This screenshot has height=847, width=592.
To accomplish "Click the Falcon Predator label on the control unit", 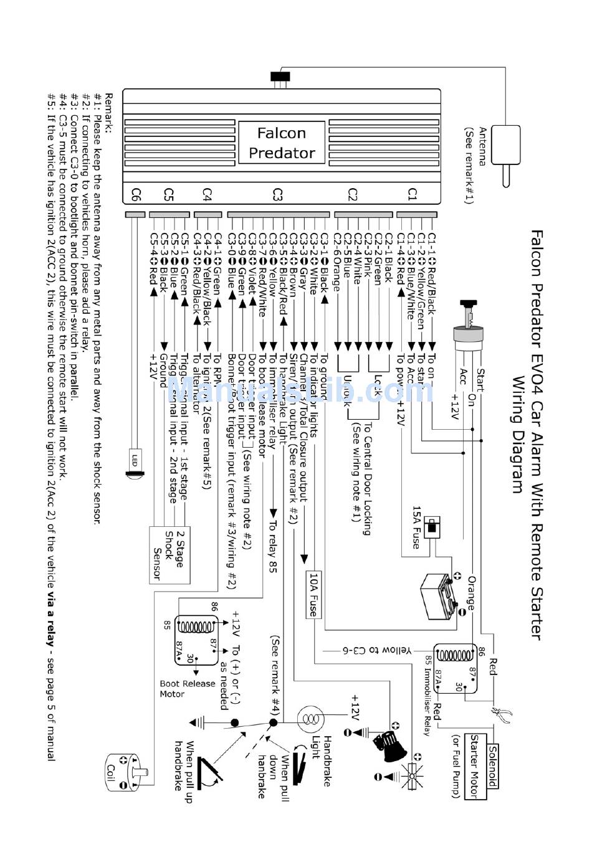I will [x=282, y=143].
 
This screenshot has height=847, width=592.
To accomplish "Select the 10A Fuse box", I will [x=313, y=594].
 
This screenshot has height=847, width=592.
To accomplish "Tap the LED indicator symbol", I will [x=133, y=465].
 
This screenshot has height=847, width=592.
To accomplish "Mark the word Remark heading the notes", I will [x=108, y=112].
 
